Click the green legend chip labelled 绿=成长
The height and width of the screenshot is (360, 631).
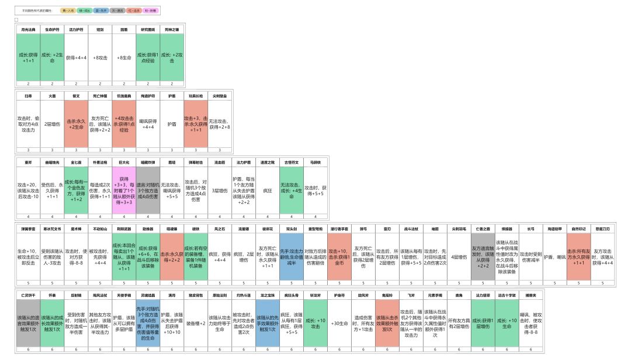(x=85, y=11)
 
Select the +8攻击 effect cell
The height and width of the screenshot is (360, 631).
(x=99, y=58)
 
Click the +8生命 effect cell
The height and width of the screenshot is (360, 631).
(x=124, y=58)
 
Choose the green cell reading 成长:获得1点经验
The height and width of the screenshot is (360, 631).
(x=148, y=58)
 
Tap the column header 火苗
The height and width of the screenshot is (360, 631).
(x=51, y=96)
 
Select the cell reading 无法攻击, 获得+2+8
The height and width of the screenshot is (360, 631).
(x=220, y=123)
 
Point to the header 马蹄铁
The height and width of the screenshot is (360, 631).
(x=315, y=162)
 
